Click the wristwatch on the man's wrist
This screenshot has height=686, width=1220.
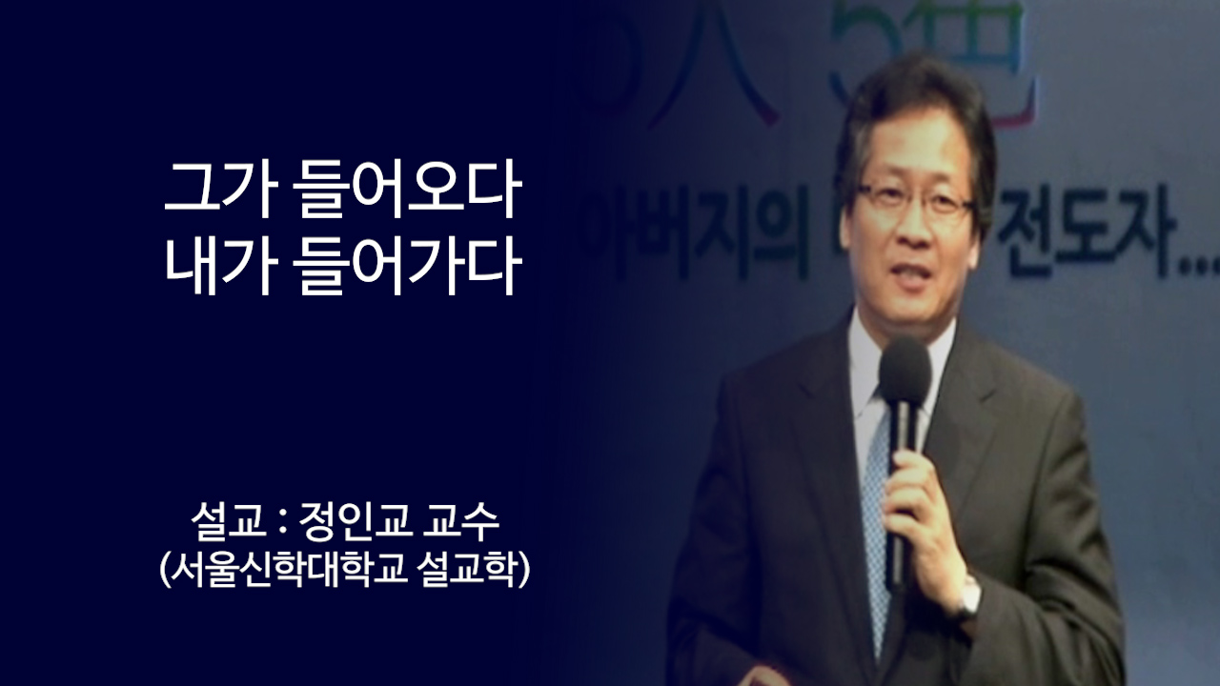point(969,596)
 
